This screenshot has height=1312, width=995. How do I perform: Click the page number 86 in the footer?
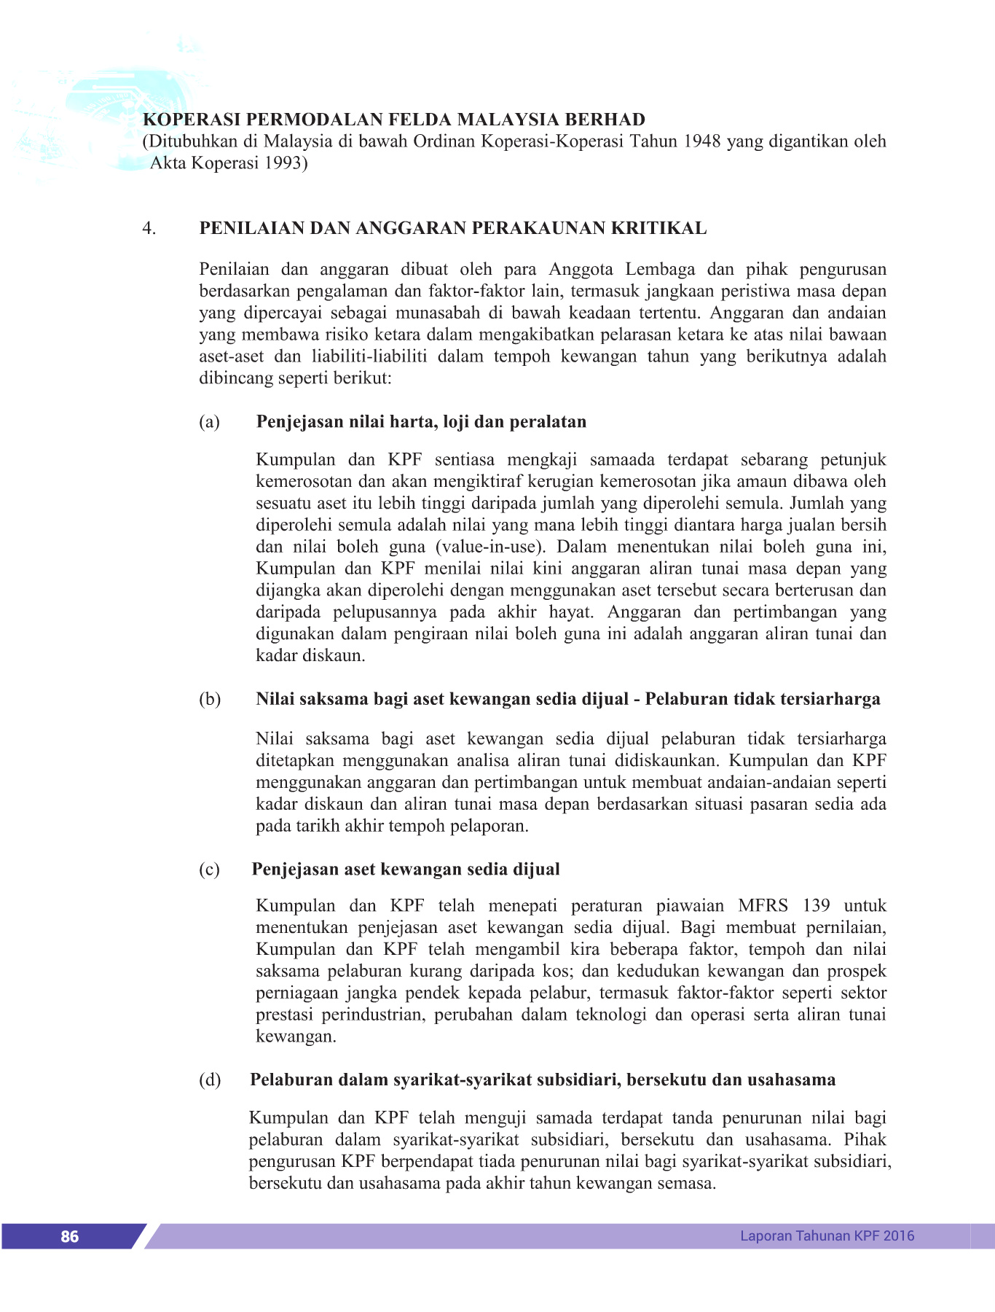tap(70, 1236)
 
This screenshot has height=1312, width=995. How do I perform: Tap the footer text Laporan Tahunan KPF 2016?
tap(827, 1235)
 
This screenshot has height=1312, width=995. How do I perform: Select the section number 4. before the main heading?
tap(149, 229)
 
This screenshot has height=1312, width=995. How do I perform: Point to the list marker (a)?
tap(209, 422)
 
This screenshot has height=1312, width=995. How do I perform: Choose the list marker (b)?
tap(209, 699)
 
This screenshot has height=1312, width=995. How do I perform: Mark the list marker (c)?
tap(209, 870)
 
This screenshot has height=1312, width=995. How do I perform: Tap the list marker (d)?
tap(209, 1080)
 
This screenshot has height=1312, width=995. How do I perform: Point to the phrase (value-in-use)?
tap(490, 547)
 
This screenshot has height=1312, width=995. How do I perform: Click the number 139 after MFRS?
tap(816, 906)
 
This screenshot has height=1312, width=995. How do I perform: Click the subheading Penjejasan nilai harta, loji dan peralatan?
tap(421, 422)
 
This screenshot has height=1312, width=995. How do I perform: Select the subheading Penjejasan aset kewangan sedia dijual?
tap(406, 870)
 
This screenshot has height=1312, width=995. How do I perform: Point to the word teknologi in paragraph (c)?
tap(610, 1015)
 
